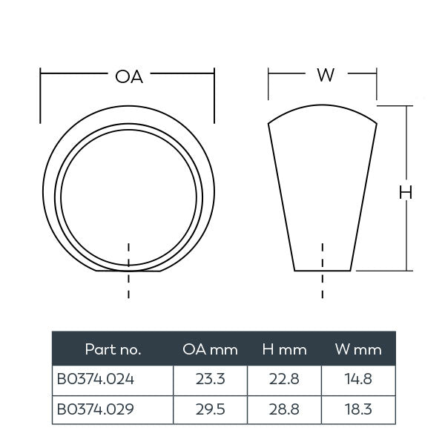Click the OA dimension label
[128, 76]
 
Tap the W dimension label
[324, 76]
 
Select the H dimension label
[406, 193]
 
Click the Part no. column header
[113, 349]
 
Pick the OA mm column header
[210, 349]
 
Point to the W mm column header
[359, 349]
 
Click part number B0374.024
[96, 379]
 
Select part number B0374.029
[96, 408]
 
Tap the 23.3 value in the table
[210, 379]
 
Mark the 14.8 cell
[359, 379]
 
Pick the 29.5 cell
[210, 408]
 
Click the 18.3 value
[359, 408]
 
